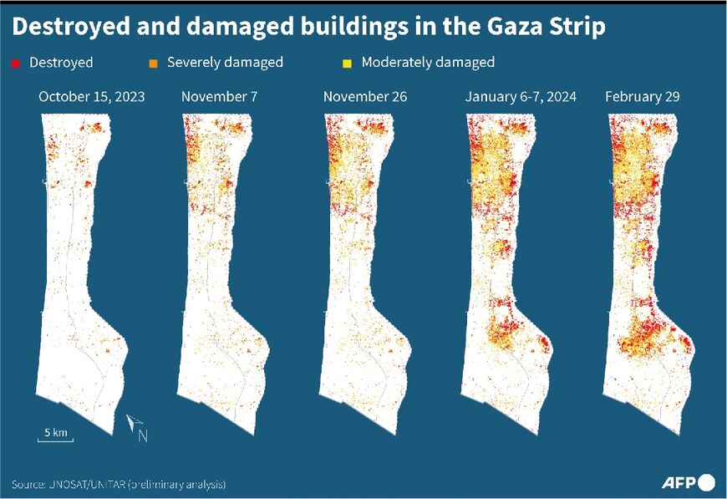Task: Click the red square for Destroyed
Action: click(16, 63)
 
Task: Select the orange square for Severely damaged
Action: click(155, 63)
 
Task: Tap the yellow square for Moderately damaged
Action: click(348, 63)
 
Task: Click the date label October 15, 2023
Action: click(91, 97)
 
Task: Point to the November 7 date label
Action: click(219, 97)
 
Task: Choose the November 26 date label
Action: click(365, 97)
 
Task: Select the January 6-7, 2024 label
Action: click(521, 97)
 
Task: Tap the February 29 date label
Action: click(642, 97)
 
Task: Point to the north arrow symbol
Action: click(134, 425)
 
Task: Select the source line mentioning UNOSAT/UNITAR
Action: click(119, 484)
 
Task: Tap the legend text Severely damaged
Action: click(225, 63)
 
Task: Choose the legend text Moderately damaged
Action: click(428, 63)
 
